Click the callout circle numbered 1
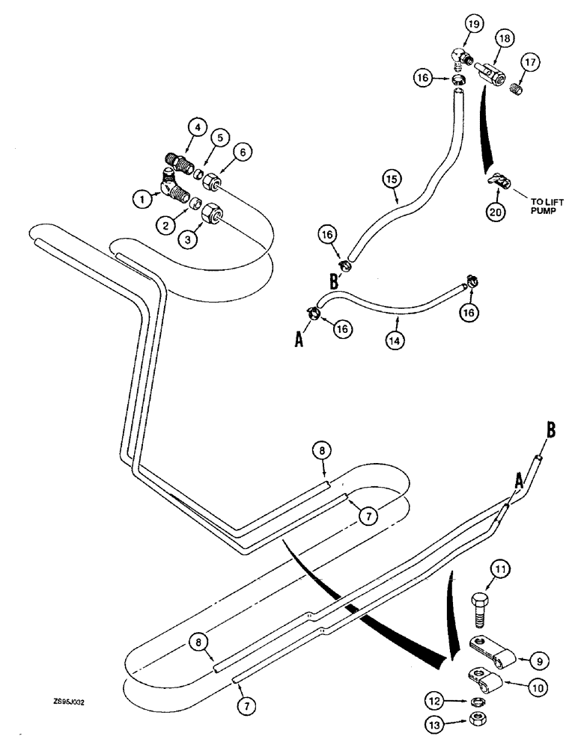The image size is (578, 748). [x=140, y=200]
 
